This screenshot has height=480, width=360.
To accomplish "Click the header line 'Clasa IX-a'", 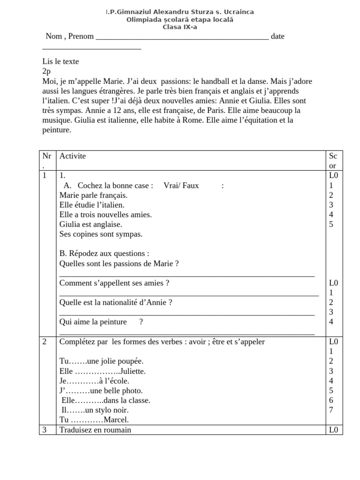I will (180, 27).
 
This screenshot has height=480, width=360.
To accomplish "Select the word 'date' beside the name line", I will (277, 37).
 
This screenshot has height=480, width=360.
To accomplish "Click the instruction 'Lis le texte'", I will (60, 61).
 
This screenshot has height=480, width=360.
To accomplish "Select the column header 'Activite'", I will (73, 156).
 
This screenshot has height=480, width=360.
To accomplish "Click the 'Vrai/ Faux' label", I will (181, 186).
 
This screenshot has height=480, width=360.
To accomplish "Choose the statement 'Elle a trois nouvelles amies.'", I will (105, 215).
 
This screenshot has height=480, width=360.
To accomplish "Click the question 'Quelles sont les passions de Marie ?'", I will (119, 264).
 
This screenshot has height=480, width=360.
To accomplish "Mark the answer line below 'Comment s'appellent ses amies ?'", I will (189, 295).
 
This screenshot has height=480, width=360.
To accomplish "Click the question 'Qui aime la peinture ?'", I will (101, 322).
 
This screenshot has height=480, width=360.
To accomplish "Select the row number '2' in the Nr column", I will (45, 342).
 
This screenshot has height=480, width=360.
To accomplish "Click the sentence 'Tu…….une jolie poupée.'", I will (101, 361).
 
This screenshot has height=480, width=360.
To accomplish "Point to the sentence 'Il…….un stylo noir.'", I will (95, 410).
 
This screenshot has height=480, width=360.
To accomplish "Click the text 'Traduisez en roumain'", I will (95, 430).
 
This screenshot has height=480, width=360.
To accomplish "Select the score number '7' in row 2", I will (331, 410).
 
